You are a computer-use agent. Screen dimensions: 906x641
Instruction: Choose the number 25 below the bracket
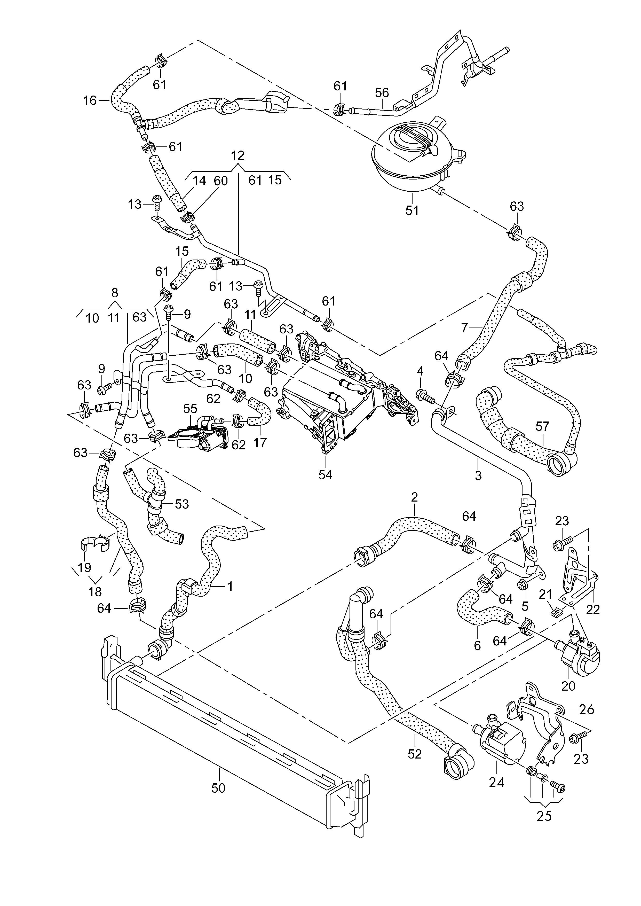click(544, 816)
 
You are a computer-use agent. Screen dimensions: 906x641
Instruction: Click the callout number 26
click(587, 709)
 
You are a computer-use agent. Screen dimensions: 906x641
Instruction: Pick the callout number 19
click(84, 567)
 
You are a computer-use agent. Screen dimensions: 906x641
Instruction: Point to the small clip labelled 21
click(556, 612)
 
